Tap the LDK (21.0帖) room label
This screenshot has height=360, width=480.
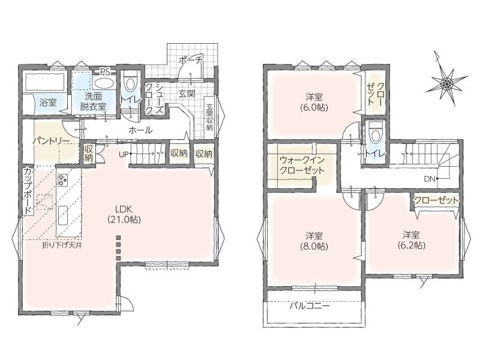tap(124, 214)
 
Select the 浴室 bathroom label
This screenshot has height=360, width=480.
tap(48, 102)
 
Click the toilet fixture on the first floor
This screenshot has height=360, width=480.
tap(130, 83)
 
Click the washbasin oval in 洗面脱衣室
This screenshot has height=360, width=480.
tap(103, 83)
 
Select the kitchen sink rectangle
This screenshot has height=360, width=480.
tap(63, 215)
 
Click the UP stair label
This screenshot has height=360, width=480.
tap(124, 155)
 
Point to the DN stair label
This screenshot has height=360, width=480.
tap(430, 179)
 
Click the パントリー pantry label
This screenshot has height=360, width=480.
tap(51, 141)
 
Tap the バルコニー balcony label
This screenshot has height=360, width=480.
tap(310, 305)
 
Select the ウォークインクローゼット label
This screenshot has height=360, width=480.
tap(302, 166)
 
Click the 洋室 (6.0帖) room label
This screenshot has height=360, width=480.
tap(314, 103)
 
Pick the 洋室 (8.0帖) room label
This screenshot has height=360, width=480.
tap(314, 241)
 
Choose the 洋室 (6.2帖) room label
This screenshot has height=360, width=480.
tap(411, 240)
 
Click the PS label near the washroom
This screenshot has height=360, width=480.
tap(106, 73)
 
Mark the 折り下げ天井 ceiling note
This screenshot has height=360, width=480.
tap(62, 245)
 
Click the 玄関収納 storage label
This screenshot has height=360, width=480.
tap(209, 117)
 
